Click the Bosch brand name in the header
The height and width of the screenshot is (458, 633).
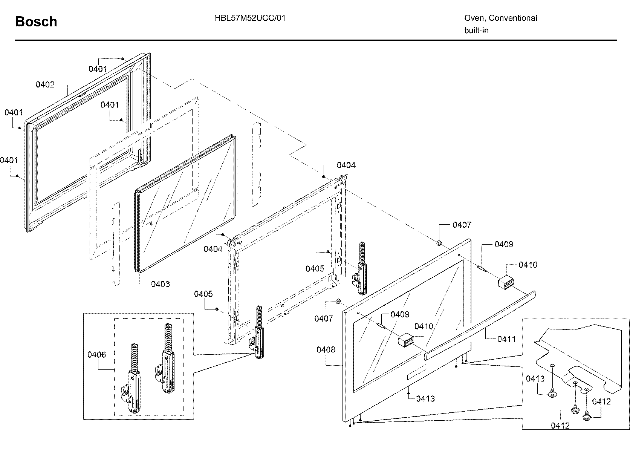point(36,22)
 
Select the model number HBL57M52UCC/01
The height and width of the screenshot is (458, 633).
point(250,18)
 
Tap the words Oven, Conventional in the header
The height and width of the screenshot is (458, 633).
point(500,18)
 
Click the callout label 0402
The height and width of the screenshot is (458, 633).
point(45,85)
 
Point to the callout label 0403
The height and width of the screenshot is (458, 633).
point(160,284)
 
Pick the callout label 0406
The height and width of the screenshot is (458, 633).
point(96,355)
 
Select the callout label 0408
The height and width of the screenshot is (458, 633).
point(326,350)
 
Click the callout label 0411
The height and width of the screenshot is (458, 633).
point(506,339)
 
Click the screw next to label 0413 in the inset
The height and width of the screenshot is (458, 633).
point(552,394)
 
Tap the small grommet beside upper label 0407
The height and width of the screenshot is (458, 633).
point(439,243)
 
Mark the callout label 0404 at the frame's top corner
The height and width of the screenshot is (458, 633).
point(346,165)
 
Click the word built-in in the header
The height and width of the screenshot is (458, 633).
point(476,31)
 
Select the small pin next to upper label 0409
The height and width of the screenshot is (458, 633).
point(482,268)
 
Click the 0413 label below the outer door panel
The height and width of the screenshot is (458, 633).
point(425,399)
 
